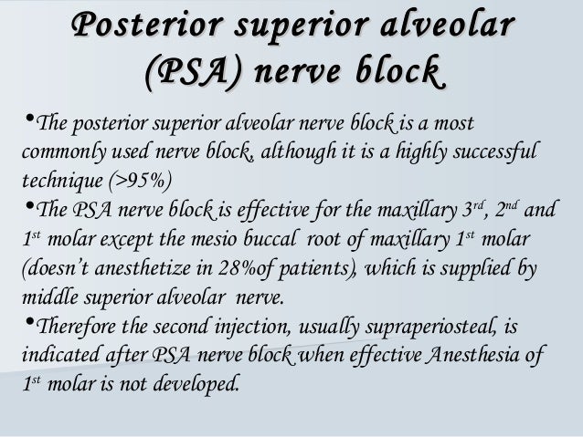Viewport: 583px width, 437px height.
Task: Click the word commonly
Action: tap(58, 151)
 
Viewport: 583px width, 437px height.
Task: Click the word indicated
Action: tap(56, 354)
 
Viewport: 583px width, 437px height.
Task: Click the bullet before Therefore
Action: tap(24, 325)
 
